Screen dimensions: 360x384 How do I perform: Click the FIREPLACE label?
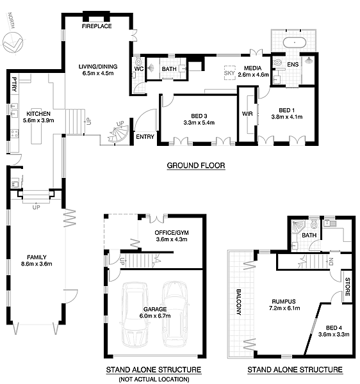point(97,26)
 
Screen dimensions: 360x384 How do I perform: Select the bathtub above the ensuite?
point(294,43)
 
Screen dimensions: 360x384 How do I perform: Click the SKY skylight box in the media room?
point(229,72)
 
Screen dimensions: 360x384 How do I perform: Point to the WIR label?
point(247,114)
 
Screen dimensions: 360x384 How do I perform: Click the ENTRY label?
point(145,137)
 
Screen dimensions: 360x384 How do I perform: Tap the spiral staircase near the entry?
point(119,134)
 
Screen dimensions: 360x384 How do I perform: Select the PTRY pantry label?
point(15,84)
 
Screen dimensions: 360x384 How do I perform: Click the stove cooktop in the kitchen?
point(15,134)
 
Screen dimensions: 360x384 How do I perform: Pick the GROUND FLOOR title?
point(196,166)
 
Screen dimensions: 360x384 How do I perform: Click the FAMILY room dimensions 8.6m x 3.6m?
point(37,264)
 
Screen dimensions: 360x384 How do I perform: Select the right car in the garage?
point(176,313)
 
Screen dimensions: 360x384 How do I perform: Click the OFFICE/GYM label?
point(172,233)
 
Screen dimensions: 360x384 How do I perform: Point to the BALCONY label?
point(239,301)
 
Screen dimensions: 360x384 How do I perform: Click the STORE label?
point(347,287)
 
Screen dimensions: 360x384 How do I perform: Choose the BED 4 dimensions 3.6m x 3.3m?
point(334,334)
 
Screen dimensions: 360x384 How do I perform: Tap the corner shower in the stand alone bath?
point(298,227)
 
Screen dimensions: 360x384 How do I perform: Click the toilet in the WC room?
point(138,61)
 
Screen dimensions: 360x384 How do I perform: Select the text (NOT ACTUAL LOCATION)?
point(154,380)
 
